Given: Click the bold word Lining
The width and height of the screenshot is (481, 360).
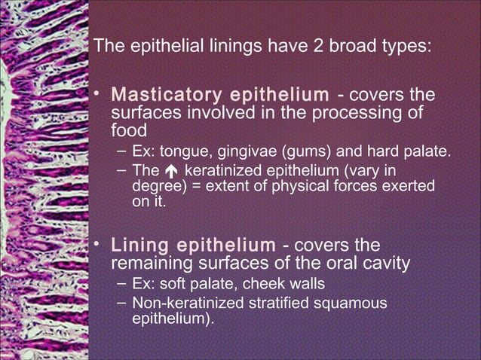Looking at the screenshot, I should (139, 246).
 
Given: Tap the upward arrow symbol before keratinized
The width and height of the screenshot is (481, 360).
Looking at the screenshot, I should (171, 171).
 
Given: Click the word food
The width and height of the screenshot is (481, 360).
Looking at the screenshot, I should (128, 130).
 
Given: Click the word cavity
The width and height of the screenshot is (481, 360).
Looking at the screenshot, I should (384, 264).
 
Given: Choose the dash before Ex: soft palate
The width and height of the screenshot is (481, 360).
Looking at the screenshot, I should (121, 284).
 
